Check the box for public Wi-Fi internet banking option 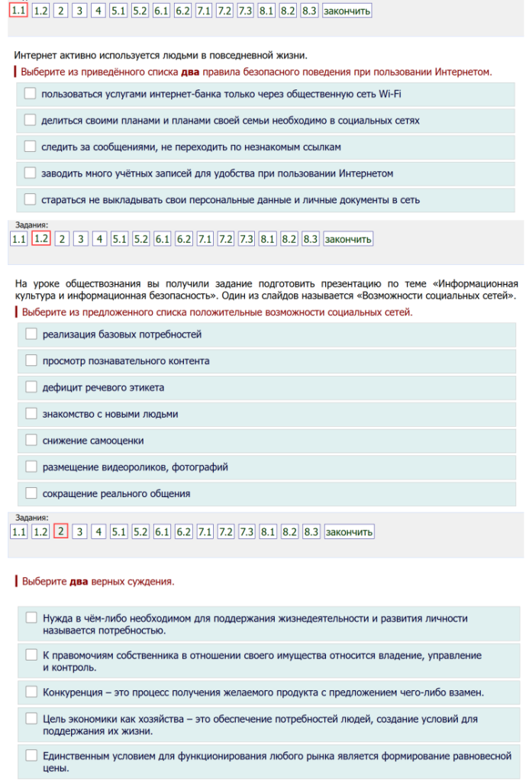[30, 94]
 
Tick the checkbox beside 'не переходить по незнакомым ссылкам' [30, 147]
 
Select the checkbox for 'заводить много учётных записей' [30, 173]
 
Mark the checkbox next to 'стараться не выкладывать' [30, 200]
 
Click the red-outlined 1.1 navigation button [19, 11]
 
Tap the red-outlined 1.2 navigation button [41, 239]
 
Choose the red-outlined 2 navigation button [62, 532]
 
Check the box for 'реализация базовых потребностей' [31, 334]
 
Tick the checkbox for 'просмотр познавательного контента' [31, 360]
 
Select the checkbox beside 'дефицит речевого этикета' [31, 387]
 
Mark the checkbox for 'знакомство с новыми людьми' [31, 414]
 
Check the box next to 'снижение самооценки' [31, 441]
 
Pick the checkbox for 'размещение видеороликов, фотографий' [31, 467]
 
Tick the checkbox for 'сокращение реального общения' [31, 493]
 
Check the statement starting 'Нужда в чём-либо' [31, 618]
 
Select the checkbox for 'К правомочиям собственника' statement [31, 655]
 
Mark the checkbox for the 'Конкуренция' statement [31, 692]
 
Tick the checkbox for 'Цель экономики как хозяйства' [31, 719]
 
